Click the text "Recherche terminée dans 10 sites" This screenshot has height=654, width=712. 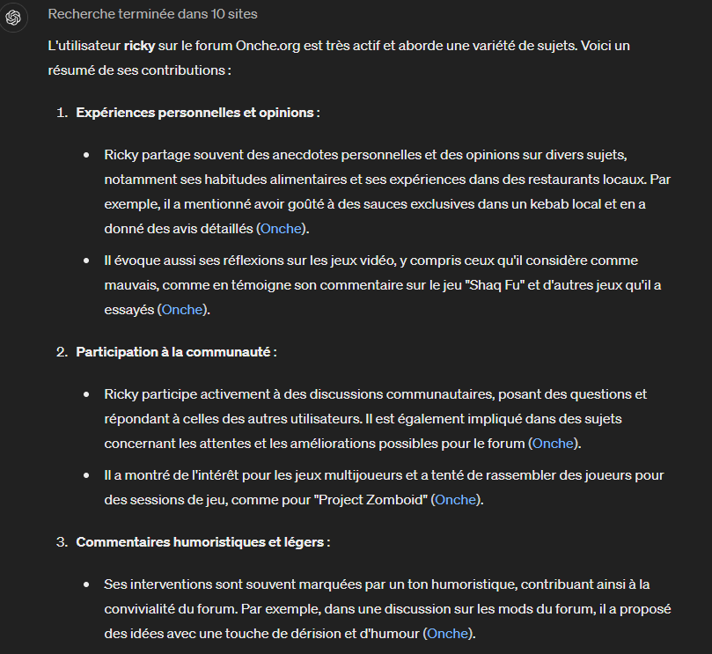click(152, 15)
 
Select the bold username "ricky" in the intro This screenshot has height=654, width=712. click(140, 46)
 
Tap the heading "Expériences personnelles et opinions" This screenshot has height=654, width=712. click(195, 113)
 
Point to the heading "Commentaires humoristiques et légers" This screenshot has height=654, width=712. click(201, 542)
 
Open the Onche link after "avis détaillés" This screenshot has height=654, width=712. click(281, 229)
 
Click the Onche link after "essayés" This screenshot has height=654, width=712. click(181, 310)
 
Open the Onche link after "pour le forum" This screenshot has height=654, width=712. click(553, 444)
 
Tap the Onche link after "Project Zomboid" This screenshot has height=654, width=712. click(455, 500)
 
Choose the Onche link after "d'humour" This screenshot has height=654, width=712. click(447, 634)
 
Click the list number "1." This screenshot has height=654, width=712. click(62, 113)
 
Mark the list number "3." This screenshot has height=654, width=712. click(62, 542)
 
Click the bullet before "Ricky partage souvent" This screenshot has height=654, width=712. click(86, 155)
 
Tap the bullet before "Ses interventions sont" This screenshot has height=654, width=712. click(86, 584)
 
